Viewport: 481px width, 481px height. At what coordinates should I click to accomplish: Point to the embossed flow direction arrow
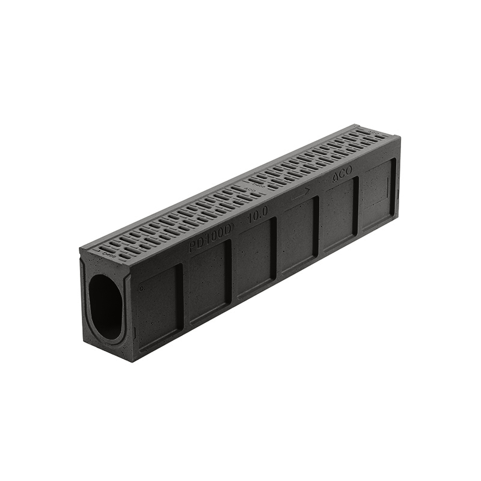pyautogui.click(x=300, y=194)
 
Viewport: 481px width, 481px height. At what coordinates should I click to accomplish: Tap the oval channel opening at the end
pyautogui.click(x=106, y=305)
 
